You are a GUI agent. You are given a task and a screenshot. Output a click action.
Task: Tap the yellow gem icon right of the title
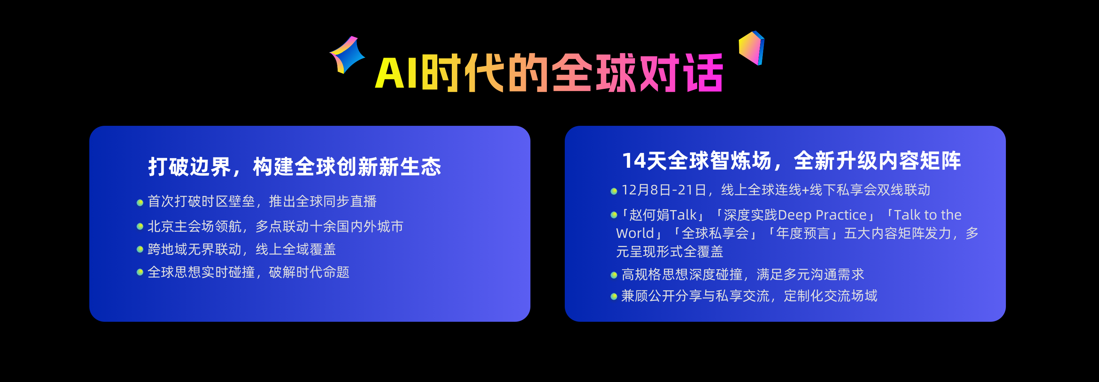(751, 48)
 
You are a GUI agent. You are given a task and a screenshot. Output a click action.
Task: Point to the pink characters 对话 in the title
(681, 73)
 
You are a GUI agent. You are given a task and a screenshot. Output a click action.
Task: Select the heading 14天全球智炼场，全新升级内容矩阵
(792, 161)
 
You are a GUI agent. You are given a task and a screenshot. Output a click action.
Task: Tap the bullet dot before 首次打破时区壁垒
(140, 202)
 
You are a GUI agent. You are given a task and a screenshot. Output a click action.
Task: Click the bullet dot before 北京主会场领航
(140, 227)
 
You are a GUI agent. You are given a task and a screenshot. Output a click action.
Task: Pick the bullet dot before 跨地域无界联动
(140, 249)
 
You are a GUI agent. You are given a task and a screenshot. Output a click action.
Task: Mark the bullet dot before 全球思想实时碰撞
(140, 272)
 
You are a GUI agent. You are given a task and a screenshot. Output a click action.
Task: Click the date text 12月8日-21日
(664, 190)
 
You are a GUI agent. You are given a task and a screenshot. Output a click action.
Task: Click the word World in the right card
(635, 233)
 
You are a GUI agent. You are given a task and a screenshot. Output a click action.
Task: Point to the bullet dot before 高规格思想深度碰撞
(614, 275)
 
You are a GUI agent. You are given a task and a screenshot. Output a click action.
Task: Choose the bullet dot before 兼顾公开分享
(614, 297)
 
